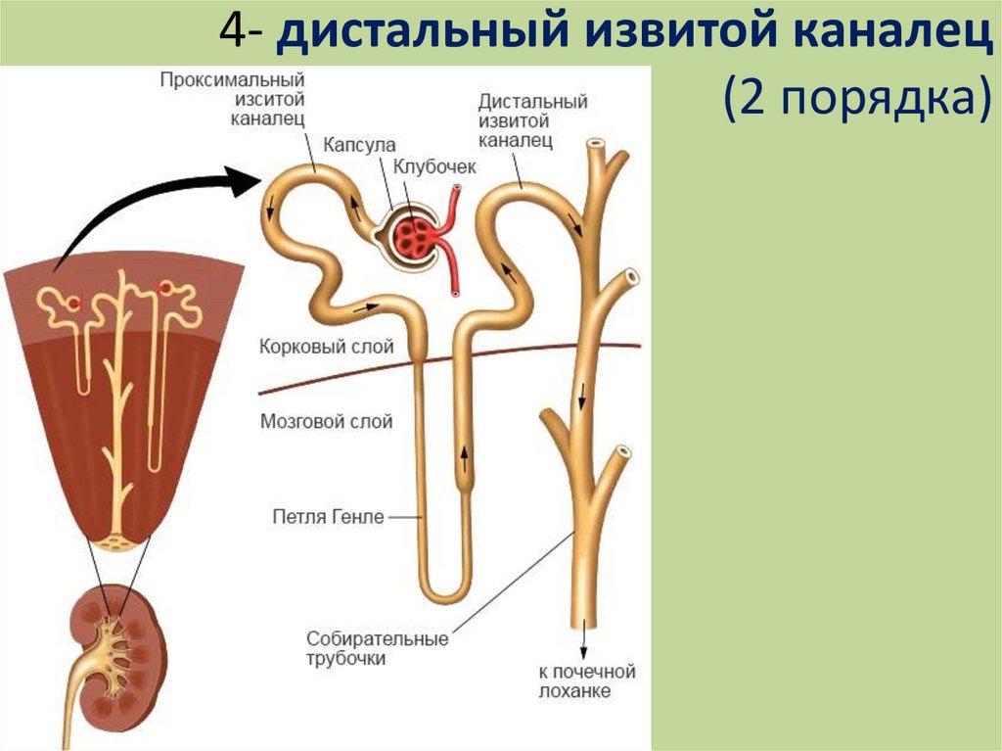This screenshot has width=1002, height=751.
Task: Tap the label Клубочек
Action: point(434,166)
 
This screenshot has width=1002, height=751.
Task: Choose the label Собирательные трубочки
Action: point(377,648)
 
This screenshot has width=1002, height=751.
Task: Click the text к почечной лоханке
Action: point(586,681)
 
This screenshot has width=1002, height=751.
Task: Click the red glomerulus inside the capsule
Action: point(412,235)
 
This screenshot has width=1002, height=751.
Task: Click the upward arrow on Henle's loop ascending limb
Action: point(464,454)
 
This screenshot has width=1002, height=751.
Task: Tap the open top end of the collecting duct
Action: point(594,147)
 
